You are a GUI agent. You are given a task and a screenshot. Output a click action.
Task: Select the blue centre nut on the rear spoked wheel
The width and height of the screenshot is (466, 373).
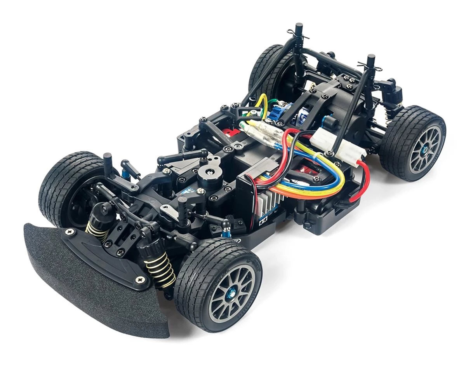(x=426, y=148)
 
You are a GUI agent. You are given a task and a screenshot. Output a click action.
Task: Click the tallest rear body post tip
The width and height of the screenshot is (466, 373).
(x=299, y=29)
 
